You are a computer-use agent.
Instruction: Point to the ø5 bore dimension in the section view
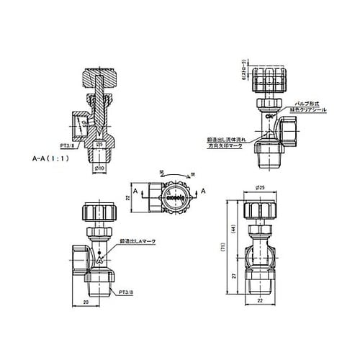pos(100,143)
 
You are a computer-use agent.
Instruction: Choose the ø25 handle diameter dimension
pos(260,188)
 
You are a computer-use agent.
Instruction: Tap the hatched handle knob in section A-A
pos(100,76)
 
